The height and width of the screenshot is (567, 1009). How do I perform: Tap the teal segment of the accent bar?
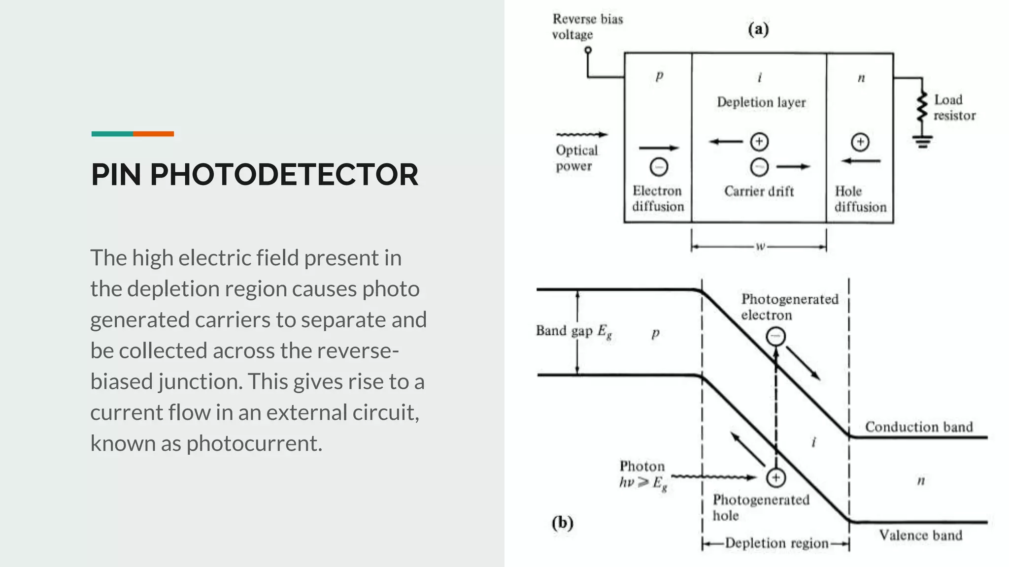coord(112,134)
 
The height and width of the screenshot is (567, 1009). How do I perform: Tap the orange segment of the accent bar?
coord(153,134)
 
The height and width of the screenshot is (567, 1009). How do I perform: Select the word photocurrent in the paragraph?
coord(254,443)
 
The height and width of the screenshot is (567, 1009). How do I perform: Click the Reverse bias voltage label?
coord(587,27)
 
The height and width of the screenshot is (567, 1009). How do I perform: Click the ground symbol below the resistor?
coord(922,142)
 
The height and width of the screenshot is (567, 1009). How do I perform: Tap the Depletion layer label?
coord(761,102)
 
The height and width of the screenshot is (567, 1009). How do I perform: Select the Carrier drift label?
coord(759,191)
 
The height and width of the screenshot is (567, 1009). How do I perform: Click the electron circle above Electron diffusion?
coord(659,167)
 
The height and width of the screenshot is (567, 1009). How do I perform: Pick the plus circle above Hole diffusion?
coord(860,142)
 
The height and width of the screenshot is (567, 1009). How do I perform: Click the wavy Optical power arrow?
coord(581,134)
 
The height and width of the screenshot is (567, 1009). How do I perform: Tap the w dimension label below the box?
coord(760,246)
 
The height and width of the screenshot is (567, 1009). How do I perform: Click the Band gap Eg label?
coord(573,331)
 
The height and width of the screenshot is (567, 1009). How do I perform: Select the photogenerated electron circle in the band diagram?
coord(775,337)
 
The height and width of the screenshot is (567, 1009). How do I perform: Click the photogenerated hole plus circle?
coord(775,477)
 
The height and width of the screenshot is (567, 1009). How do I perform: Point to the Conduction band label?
coord(919,427)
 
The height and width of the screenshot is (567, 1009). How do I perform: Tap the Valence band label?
coord(920,535)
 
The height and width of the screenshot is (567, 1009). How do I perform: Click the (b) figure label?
coord(563,522)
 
